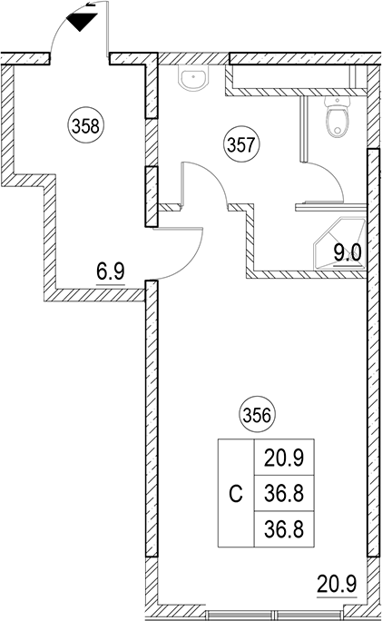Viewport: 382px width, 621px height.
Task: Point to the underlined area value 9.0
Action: pos(348,252)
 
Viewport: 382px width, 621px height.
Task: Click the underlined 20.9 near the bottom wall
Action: pos(337,584)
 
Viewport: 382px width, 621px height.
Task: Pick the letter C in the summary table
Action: pos(236,494)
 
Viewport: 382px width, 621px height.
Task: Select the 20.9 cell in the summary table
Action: pos(284,458)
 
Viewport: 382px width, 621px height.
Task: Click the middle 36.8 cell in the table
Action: pos(284,493)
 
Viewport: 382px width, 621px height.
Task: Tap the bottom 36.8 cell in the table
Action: pos(284,528)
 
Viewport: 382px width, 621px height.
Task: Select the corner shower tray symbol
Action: pos(339,243)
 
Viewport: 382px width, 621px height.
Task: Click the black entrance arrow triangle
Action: pos(82,22)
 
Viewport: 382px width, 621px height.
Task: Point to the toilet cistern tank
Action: pos(338,101)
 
